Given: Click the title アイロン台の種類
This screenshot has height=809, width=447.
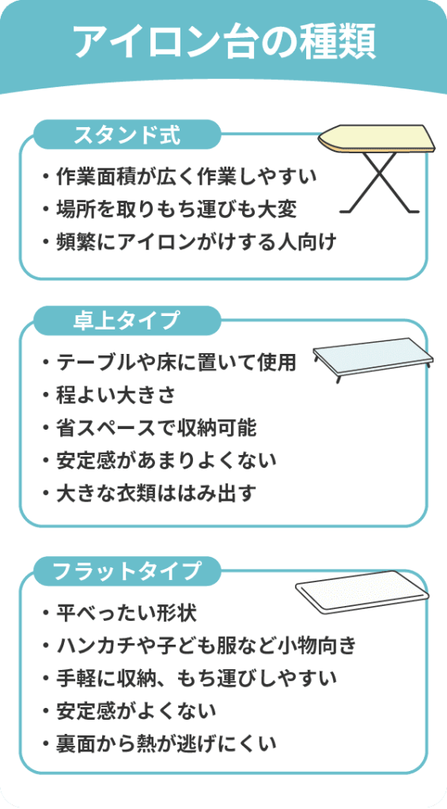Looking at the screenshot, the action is pyautogui.click(x=224, y=41).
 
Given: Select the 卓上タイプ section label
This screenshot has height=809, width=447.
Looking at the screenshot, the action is pyautogui.click(x=127, y=321).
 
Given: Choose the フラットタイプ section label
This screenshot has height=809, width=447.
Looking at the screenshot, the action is pyautogui.click(x=127, y=570).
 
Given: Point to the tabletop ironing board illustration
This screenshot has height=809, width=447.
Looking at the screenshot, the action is pyautogui.click(x=373, y=360).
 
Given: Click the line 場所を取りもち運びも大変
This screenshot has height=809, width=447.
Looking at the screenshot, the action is pyautogui.click(x=176, y=209).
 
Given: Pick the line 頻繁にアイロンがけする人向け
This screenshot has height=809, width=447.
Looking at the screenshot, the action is pyautogui.click(x=197, y=242).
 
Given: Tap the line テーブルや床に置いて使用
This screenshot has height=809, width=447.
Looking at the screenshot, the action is pyautogui.click(x=176, y=363).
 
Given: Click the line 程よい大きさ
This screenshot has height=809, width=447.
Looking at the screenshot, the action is pyautogui.click(x=117, y=396).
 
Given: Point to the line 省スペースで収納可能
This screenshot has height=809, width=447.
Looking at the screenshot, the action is pyautogui.click(x=157, y=427).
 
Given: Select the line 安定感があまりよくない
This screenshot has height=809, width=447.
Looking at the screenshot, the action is pyautogui.click(x=167, y=460).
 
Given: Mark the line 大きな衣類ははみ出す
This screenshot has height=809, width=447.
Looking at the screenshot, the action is pyautogui.click(x=157, y=492).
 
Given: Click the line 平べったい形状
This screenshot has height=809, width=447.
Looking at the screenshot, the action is pyautogui.click(x=127, y=614).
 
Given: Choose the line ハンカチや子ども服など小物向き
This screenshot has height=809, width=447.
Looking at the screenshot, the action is pyautogui.click(x=206, y=646).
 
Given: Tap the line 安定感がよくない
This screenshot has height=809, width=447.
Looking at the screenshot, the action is pyautogui.click(x=136, y=711).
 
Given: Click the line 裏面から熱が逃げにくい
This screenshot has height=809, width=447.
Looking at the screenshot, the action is pyautogui.click(x=167, y=743).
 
